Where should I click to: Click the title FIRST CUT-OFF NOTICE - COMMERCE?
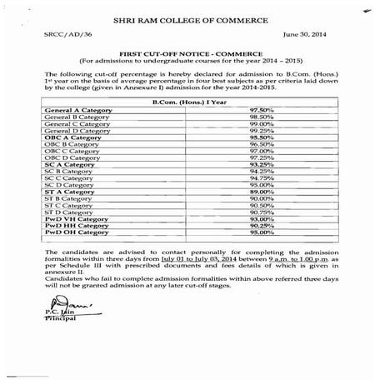(x=190, y=74)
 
